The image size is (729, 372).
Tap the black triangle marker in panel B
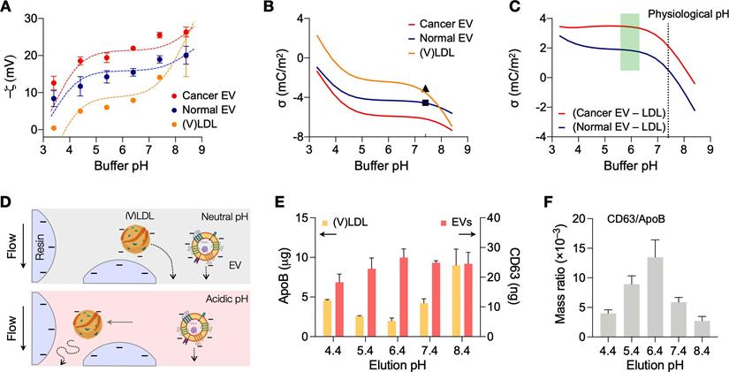coord(425,88)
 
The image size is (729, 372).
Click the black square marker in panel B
coord(425,103)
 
